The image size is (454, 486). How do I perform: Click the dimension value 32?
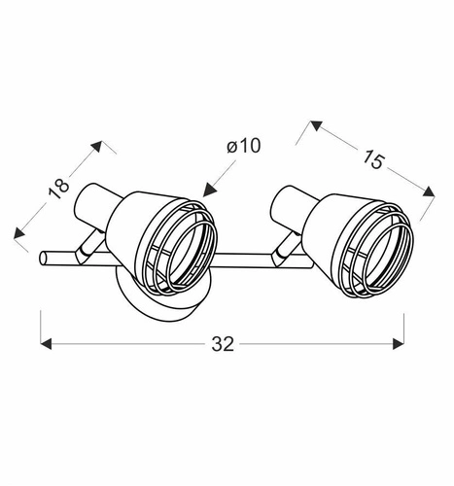coord(223,343)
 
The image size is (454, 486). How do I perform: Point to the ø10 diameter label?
coord(244,147)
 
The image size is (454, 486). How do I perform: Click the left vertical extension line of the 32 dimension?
coord(41,326)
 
